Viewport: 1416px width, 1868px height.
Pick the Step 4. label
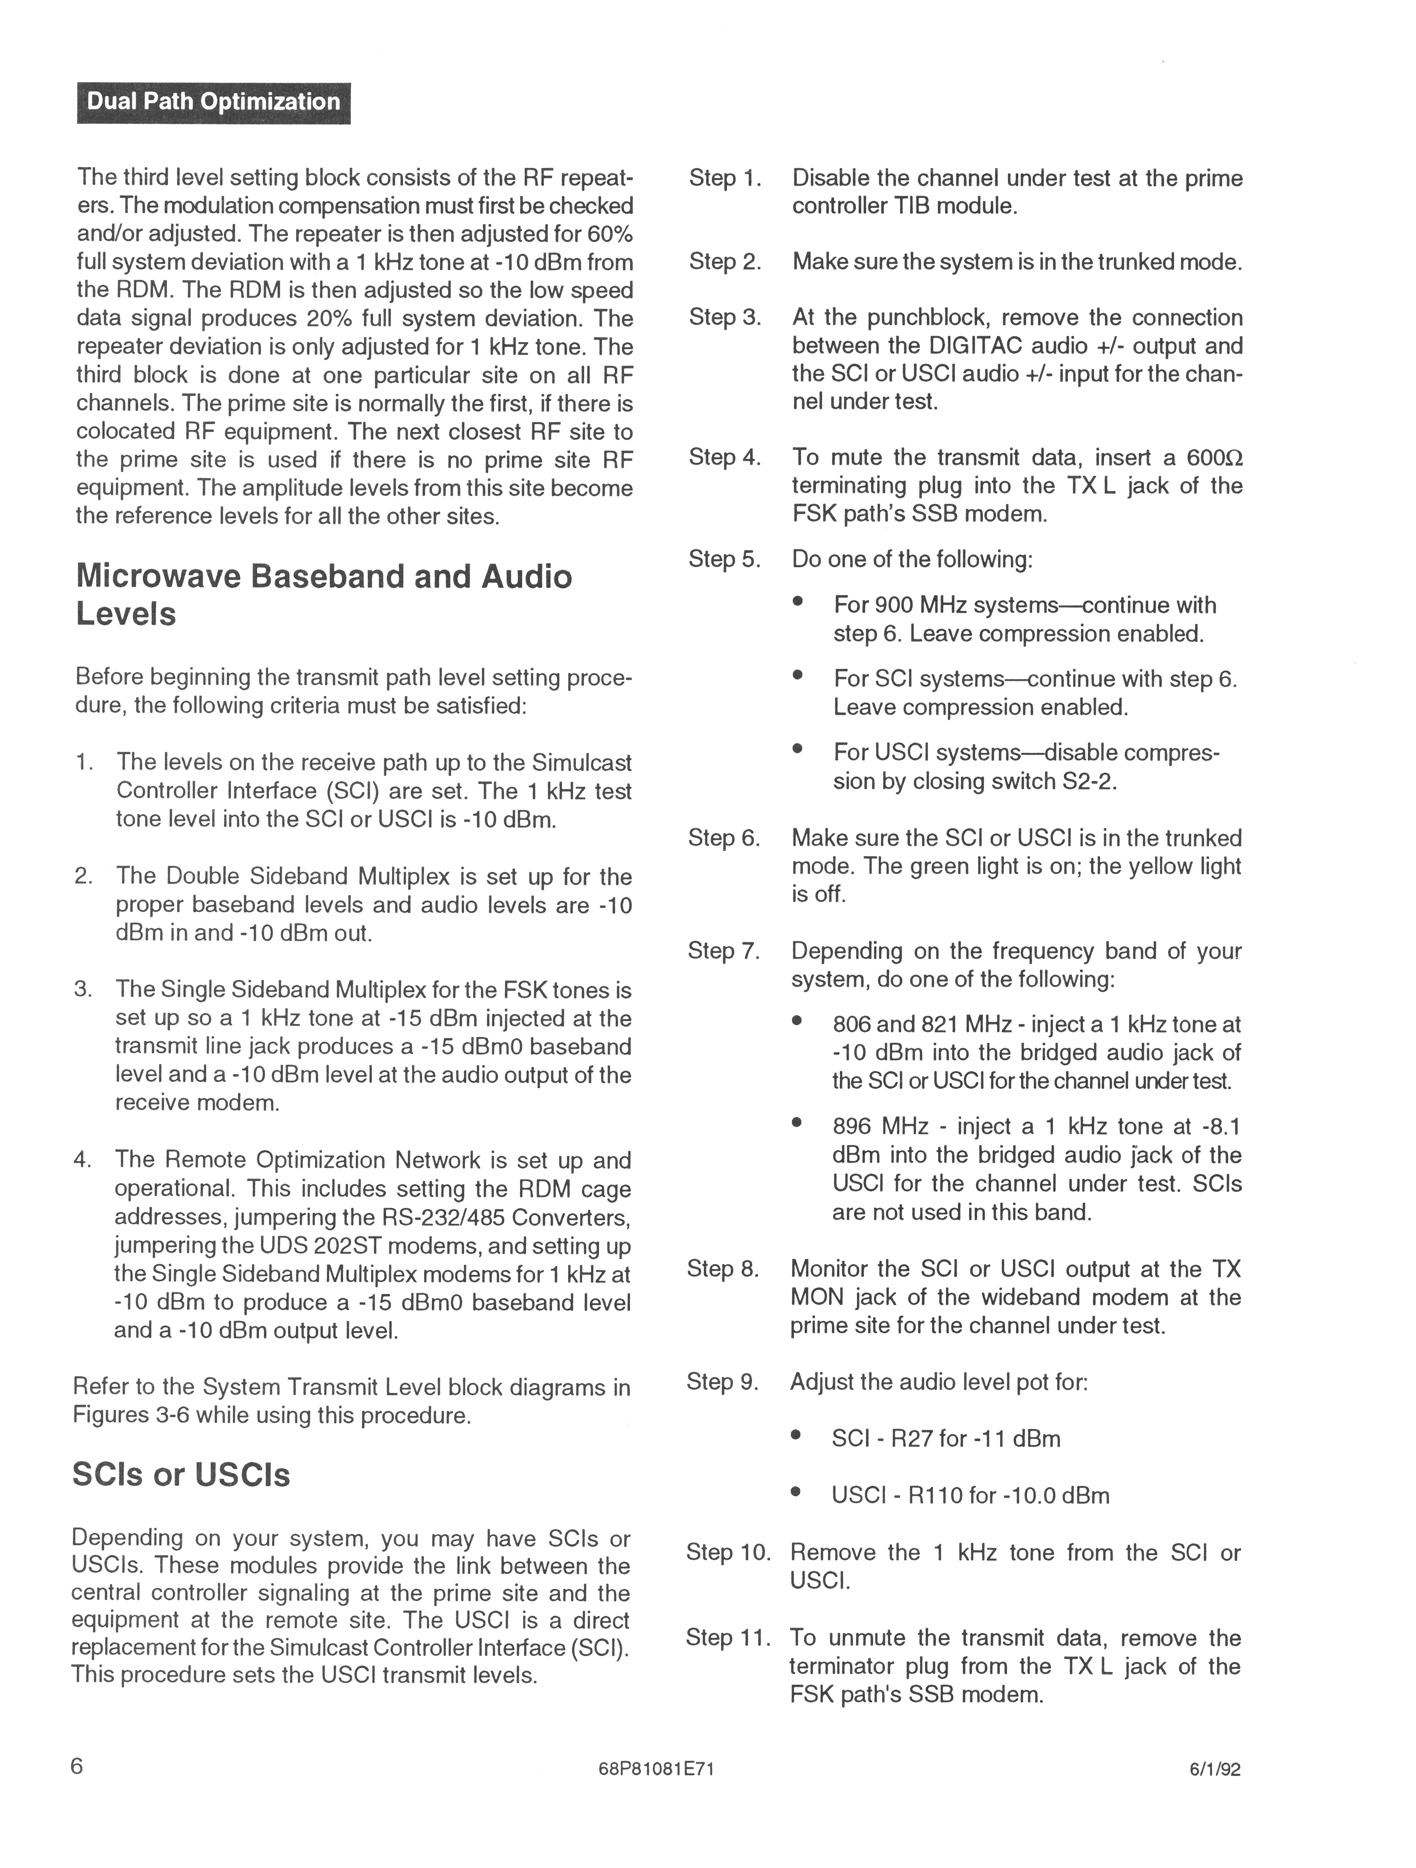tap(724, 458)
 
